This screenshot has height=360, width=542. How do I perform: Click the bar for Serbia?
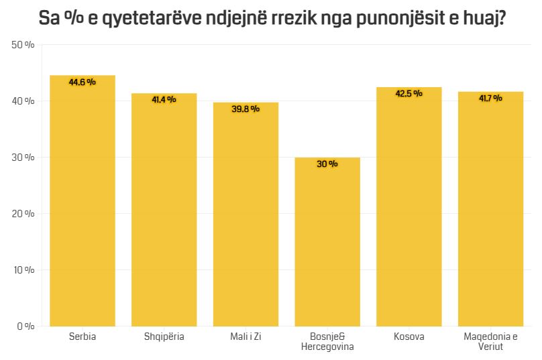(83, 201)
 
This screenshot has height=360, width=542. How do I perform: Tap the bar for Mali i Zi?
(246, 215)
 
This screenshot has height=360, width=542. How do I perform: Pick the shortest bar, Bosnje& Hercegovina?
(327, 242)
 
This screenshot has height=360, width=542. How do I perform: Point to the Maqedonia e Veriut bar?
(490, 209)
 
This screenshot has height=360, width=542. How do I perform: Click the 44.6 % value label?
(83, 82)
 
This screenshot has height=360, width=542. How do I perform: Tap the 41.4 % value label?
(164, 100)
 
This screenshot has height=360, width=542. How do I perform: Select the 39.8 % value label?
(246, 109)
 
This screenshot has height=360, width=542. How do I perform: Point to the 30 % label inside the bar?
(327, 164)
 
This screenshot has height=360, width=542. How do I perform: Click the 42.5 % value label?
(409, 94)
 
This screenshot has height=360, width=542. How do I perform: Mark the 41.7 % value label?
(490, 99)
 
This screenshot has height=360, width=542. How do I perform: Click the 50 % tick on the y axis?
(23, 45)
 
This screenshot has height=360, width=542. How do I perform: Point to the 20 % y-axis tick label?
(23, 214)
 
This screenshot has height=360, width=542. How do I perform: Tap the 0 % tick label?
(25, 326)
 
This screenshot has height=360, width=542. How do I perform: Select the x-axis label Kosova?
(409, 337)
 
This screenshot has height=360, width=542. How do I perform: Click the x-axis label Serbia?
(83, 337)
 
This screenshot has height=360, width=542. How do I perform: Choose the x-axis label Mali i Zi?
(246, 337)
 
